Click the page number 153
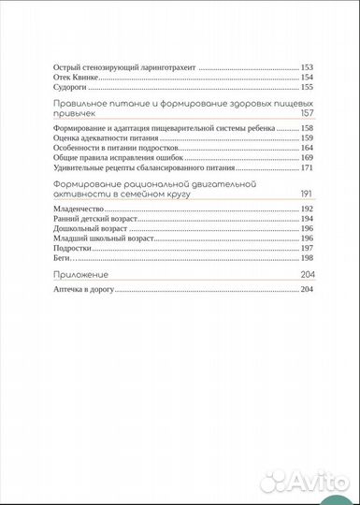click(x=306, y=68)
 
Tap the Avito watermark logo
click(x=304, y=482)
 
